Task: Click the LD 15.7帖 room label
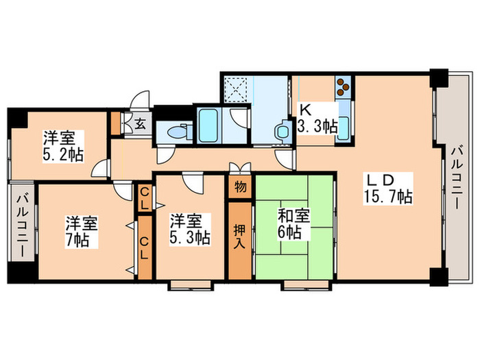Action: (387, 189)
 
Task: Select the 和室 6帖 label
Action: (293, 224)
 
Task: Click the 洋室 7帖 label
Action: (81, 231)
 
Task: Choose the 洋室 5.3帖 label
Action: (189, 230)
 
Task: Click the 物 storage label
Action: (240, 187)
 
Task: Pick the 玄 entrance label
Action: (139, 125)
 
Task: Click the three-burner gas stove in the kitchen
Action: (343, 87)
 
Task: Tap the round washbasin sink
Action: (282, 130)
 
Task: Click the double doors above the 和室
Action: (239, 167)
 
